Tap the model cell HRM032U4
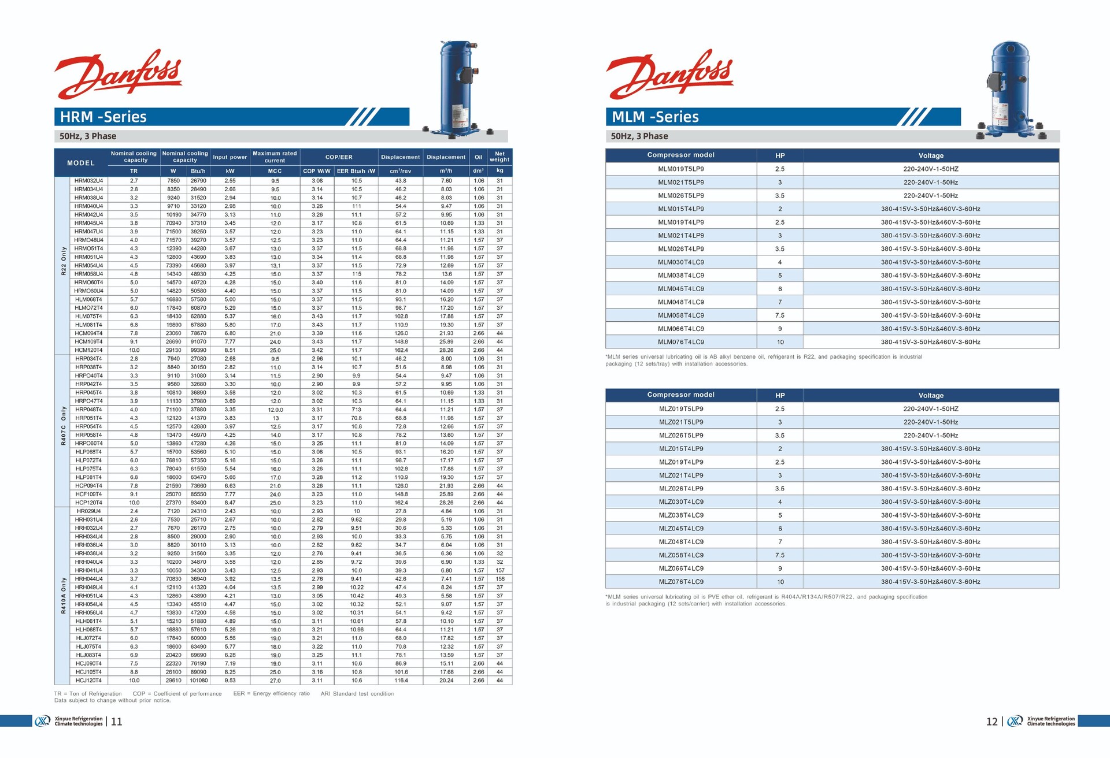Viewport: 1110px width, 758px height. coord(88,181)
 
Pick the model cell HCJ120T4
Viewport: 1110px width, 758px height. coord(88,681)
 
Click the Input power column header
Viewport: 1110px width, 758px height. coord(230,157)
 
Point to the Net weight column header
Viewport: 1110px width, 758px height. coord(499,157)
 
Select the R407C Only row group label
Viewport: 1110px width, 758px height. coord(63,426)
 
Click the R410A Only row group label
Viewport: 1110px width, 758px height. coord(63,595)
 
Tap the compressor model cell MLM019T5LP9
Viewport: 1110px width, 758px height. coord(681,169)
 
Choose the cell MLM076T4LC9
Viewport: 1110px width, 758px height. coord(681,342)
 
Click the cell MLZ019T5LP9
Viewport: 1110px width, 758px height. coord(681,409)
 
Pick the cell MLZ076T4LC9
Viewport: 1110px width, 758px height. coord(681,582)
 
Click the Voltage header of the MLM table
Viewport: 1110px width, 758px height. coord(931,155)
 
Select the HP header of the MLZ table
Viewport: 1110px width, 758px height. coord(780,396)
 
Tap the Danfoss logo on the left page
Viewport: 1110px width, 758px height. coord(119,74)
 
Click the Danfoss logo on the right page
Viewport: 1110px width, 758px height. coord(670,74)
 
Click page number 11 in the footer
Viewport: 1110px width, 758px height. coord(116,722)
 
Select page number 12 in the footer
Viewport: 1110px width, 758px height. coord(991,722)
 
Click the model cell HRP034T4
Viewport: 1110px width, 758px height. coord(88,359)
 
